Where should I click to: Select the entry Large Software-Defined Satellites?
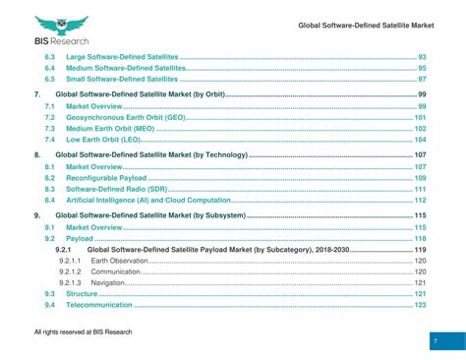(x=122, y=58)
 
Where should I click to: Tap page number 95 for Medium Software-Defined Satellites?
(x=421, y=69)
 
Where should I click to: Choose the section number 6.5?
(x=50, y=80)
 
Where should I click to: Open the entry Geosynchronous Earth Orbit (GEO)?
(x=125, y=117)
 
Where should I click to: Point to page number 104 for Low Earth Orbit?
(x=420, y=140)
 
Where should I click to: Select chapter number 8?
(x=37, y=155)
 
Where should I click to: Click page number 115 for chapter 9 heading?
(x=420, y=215)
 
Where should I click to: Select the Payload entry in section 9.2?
(x=80, y=239)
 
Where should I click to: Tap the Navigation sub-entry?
(x=108, y=283)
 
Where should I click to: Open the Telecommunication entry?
(x=102, y=305)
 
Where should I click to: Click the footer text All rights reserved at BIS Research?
(x=83, y=332)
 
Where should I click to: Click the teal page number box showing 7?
(x=435, y=340)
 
